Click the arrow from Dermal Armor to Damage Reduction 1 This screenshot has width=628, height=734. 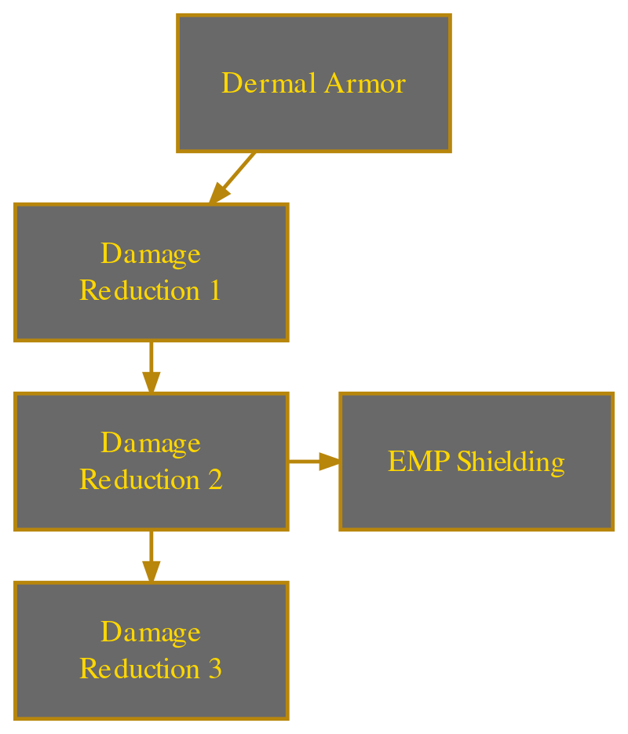coord(234,177)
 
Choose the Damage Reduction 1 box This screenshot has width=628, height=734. coord(151,314)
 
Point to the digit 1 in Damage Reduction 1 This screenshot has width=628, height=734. coord(214,291)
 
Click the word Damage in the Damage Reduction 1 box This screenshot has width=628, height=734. coord(151,254)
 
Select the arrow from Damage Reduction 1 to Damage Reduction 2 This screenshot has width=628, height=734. coord(151,366)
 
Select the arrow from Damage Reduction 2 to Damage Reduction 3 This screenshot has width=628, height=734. coord(151,554)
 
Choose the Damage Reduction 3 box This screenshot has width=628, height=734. coord(151,695)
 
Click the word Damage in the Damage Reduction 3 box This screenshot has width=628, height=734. coord(151,632)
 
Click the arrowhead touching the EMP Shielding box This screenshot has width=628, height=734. coord(330,462)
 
